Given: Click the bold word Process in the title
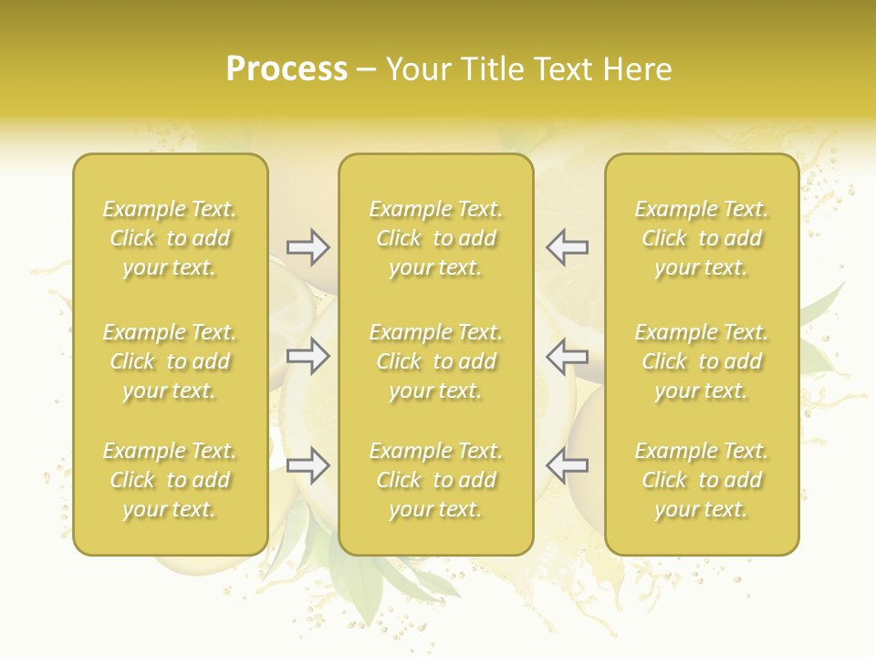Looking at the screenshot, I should coord(287,69).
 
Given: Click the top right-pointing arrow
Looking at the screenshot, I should coord(308,246).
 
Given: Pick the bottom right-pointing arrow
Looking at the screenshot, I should coord(308,465).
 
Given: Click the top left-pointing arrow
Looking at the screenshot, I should coord(567,246).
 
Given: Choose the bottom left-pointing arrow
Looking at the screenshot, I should coord(567,465).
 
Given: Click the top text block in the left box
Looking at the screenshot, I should coord(170,238).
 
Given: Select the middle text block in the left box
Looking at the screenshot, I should coord(170,361).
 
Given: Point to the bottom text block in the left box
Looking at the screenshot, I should coord(170,480).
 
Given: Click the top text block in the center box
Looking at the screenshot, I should coord(436,238).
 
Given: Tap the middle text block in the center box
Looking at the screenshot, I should coord(436,361).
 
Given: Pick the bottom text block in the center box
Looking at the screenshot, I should coord(436,480).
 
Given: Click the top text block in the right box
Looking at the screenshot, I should coord(702,238).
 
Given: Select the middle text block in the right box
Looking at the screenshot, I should coord(702,361).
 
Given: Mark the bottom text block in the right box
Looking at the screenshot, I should coord(702,480).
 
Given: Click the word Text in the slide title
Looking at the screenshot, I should coord(561,69).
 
